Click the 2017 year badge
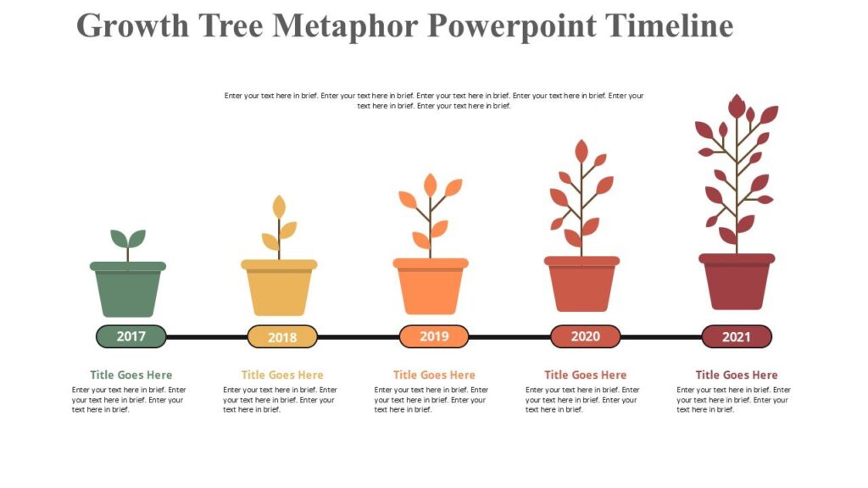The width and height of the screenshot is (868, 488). (131, 336)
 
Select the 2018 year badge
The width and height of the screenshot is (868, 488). (282, 337)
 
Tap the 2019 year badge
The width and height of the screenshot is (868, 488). (434, 336)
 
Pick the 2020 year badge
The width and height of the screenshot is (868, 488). (585, 336)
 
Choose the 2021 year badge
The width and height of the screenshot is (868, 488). (737, 336)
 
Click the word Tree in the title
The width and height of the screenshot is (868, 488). (230, 25)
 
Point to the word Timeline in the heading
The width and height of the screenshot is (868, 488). (667, 25)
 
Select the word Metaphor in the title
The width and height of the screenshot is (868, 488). (346, 25)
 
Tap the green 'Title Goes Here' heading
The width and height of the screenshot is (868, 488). (131, 374)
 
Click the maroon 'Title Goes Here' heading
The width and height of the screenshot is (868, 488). (737, 374)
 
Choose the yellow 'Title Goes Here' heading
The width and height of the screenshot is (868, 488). (282, 374)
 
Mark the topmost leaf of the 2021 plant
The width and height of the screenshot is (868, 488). (737, 107)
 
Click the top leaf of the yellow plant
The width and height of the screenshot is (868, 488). (279, 206)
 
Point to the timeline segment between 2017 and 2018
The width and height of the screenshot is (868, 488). (206, 337)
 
